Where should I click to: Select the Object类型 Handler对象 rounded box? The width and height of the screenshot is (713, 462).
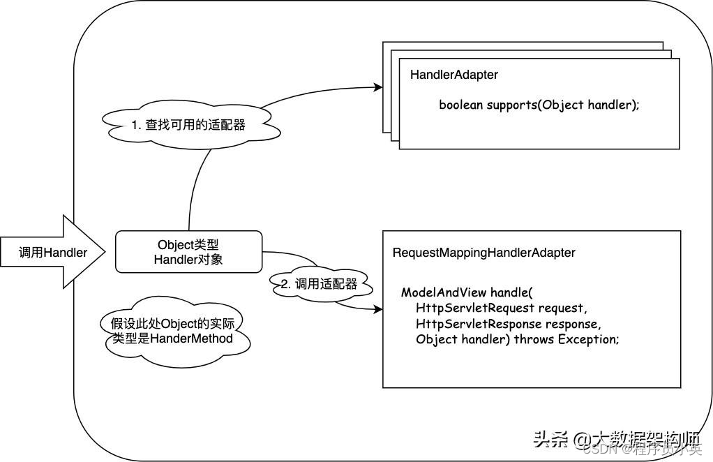(x=188, y=252)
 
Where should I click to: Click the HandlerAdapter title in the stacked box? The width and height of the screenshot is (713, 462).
(x=454, y=75)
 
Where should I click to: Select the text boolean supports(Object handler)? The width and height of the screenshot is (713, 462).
(x=539, y=105)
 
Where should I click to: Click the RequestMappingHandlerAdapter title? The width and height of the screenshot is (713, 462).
(x=483, y=253)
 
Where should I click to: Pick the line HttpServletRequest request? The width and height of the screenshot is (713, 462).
(x=502, y=308)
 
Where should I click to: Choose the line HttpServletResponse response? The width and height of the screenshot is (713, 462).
(x=508, y=324)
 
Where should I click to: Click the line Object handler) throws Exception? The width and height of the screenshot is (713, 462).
(x=517, y=340)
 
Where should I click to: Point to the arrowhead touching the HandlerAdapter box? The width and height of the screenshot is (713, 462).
(x=378, y=87)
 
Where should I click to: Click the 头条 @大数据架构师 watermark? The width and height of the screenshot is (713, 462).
(x=617, y=439)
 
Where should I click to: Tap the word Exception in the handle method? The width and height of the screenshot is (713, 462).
(x=587, y=340)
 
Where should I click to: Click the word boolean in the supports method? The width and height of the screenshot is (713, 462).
(x=461, y=105)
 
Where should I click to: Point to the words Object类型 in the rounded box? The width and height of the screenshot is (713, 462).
(x=188, y=245)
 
